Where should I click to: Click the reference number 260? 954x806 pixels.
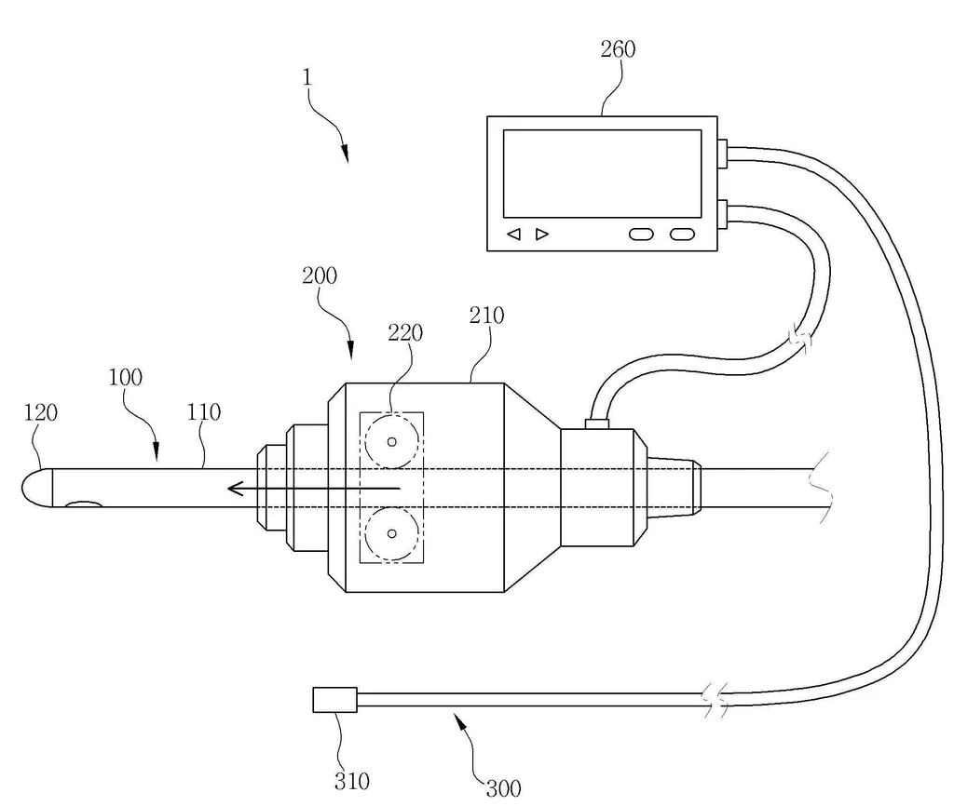pos(618,49)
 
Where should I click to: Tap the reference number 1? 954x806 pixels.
pos(307,77)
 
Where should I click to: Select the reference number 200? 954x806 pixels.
pos(320,276)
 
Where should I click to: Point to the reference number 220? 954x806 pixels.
pos(405,332)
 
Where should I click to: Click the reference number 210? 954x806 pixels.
pos(486,316)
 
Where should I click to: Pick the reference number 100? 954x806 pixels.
pos(126,378)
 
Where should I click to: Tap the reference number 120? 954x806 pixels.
pos(40,412)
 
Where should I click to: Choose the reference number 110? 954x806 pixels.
pos(203,412)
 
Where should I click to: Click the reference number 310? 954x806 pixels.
pos(351,781)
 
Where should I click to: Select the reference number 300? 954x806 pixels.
pos(504,789)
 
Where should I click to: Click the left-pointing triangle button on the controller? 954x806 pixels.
pos(514,234)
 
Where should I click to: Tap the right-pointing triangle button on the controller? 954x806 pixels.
pos(542,234)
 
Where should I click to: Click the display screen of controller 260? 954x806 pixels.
pos(603,173)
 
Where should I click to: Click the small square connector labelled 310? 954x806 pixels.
pos(334,700)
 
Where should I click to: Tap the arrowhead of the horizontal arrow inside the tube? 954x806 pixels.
pos(235,488)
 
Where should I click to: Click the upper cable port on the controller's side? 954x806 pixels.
pos(723,154)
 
